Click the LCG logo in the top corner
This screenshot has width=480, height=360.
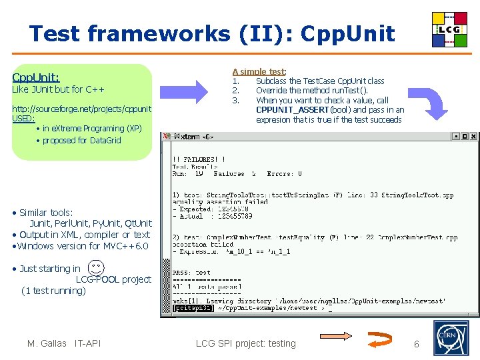[449, 30]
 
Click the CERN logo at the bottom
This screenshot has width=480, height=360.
[451, 338]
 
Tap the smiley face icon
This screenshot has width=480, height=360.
[97, 267]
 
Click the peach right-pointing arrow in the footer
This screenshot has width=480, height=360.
[342, 337]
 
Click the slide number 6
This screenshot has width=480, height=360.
[417, 344]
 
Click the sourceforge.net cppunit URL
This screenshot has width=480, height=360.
[81, 108]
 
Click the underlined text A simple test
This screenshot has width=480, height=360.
[259, 71]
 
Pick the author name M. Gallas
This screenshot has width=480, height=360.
[47, 343]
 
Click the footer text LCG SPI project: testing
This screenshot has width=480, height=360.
[245, 343]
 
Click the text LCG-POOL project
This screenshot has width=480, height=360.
[113, 279]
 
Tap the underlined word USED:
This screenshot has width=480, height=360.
[23, 118]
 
